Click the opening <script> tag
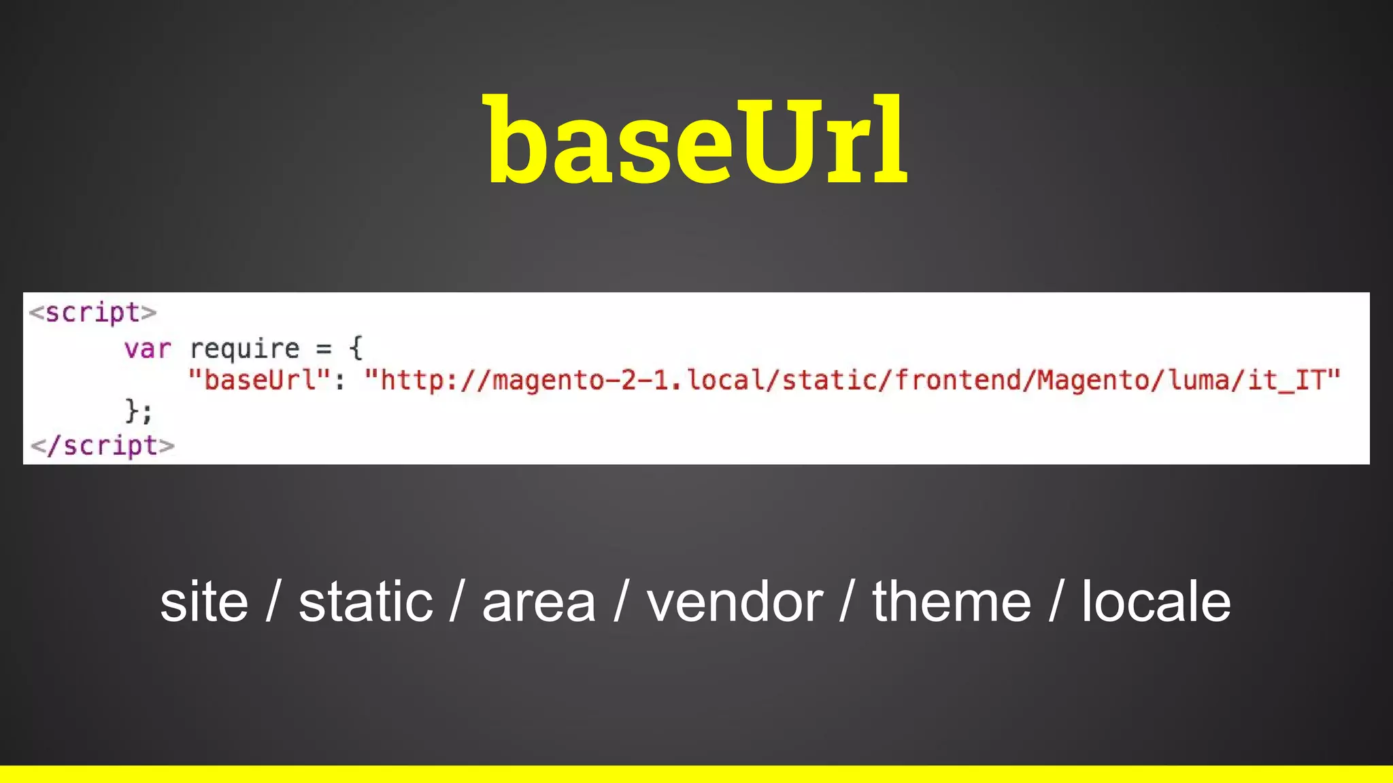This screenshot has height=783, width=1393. (93, 313)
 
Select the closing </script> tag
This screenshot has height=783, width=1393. (103, 446)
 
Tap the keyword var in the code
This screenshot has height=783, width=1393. (148, 349)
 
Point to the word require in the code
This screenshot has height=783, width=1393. (244, 349)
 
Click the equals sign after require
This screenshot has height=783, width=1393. (324, 349)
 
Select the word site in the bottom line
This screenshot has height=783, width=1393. (204, 602)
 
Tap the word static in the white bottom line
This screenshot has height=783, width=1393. (366, 602)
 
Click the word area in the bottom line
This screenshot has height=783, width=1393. (539, 602)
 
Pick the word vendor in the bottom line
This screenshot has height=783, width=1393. (735, 602)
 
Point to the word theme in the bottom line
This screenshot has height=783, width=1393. (952, 602)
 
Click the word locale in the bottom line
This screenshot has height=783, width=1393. (1156, 602)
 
